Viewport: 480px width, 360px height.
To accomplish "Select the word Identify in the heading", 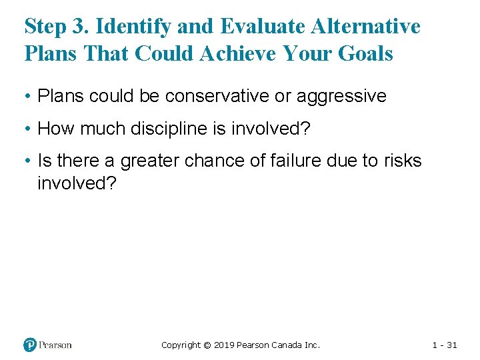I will pos(128,27).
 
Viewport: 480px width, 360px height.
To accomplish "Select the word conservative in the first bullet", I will pos(217,96).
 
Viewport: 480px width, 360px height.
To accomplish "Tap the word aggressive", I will pos(341,96).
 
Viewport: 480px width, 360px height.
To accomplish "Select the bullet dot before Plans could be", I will pos(28,97).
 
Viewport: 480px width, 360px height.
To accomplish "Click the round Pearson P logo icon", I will pos(30,345).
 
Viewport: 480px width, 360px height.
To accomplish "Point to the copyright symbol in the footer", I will pos(207,345).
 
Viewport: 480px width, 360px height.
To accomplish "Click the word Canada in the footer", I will pos(288,345).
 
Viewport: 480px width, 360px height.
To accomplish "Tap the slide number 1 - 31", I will pos(444,345).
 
